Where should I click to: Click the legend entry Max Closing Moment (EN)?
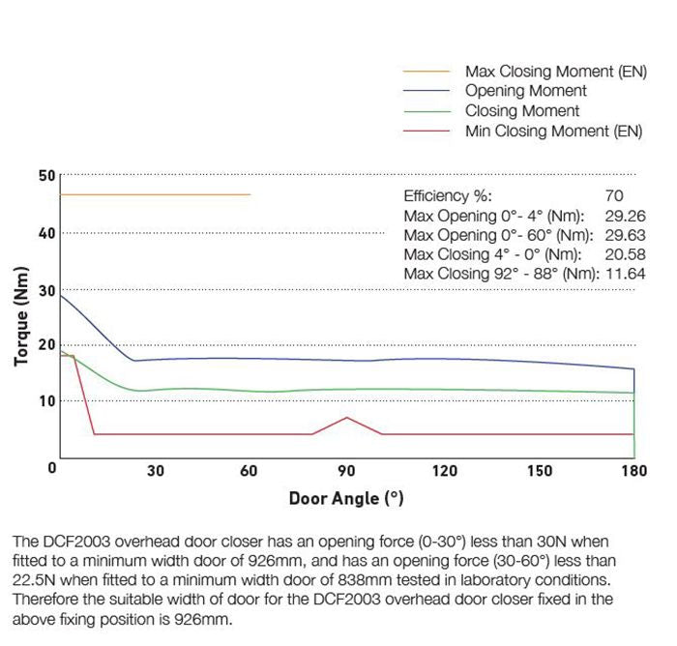click(x=554, y=72)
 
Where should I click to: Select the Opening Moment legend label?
click(x=526, y=91)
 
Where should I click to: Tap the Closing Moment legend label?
click(x=522, y=111)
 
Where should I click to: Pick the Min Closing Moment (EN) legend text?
click(x=553, y=131)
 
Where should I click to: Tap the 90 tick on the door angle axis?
click(x=347, y=472)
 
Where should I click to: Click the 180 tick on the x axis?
click(x=634, y=472)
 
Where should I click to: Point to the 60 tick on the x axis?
click(x=250, y=472)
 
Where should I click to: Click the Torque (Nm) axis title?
click(x=21, y=315)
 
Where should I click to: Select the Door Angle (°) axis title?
click(x=346, y=499)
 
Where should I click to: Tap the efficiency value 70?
click(x=613, y=195)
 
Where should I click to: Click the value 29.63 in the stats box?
click(x=625, y=235)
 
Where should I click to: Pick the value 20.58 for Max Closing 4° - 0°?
click(x=625, y=254)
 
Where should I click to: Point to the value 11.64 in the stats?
click(x=625, y=275)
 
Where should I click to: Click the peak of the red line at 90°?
click(x=347, y=418)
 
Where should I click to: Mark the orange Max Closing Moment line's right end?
click(x=250, y=194)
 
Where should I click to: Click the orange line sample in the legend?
click(x=426, y=72)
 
